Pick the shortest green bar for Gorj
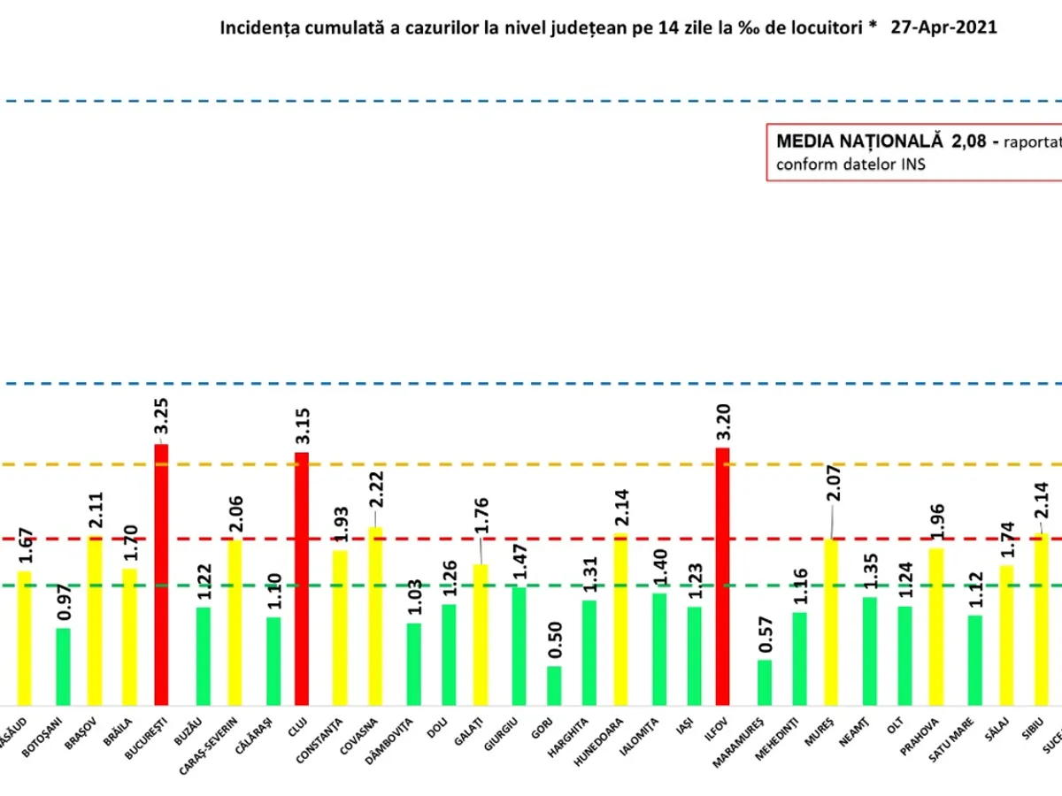(554, 685)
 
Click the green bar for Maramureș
(765, 682)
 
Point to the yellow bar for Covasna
(375, 615)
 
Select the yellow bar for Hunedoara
(620, 618)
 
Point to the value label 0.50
(554, 640)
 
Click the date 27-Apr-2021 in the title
(943, 27)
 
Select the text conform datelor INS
(850, 165)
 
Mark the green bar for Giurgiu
(519, 645)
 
